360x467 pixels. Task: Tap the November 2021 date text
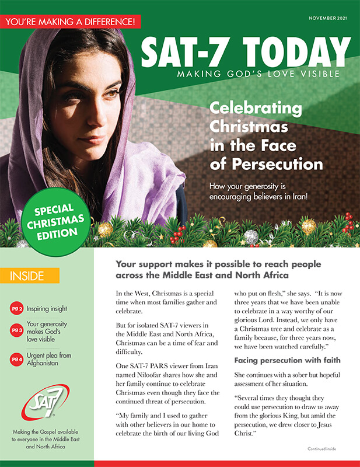click(x=330, y=19)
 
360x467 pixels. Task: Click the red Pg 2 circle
click(x=18, y=308)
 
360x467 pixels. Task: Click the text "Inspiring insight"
click(x=47, y=308)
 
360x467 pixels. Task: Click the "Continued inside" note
click(x=322, y=448)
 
